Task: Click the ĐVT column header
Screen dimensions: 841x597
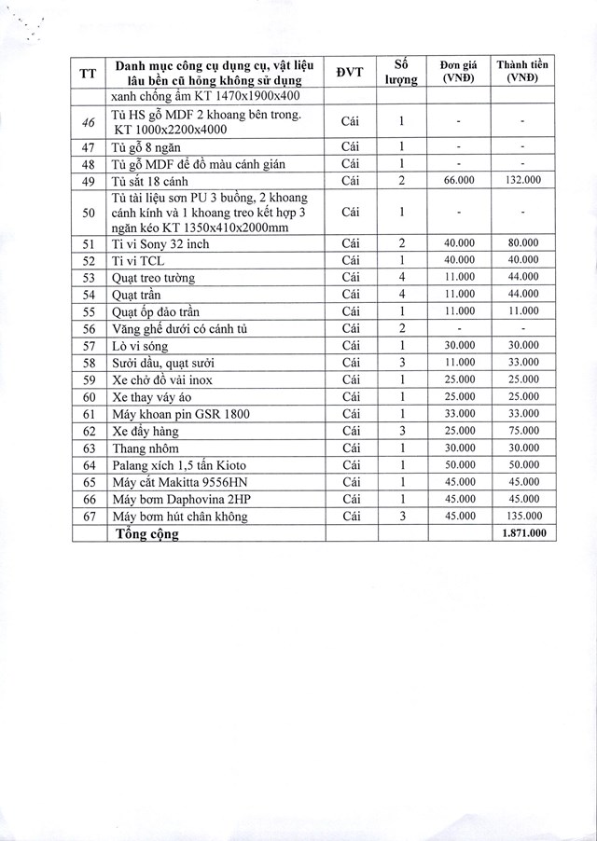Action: tap(350, 73)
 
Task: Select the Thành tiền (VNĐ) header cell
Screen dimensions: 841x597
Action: tap(522, 72)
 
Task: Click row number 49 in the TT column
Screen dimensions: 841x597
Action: tap(90, 180)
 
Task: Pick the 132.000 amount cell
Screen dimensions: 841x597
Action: tap(522, 180)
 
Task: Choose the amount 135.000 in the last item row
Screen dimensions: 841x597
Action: tap(522, 516)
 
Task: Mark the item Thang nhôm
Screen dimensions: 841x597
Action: tap(142, 448)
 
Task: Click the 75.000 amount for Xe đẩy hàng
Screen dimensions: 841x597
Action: tap(522, 431)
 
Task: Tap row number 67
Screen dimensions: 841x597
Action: tap(90, 516)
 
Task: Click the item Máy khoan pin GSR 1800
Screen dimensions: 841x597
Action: tap(179, 414)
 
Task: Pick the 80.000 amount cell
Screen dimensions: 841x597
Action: tap(522, 244)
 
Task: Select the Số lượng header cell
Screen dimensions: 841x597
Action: tap(400, 72)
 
